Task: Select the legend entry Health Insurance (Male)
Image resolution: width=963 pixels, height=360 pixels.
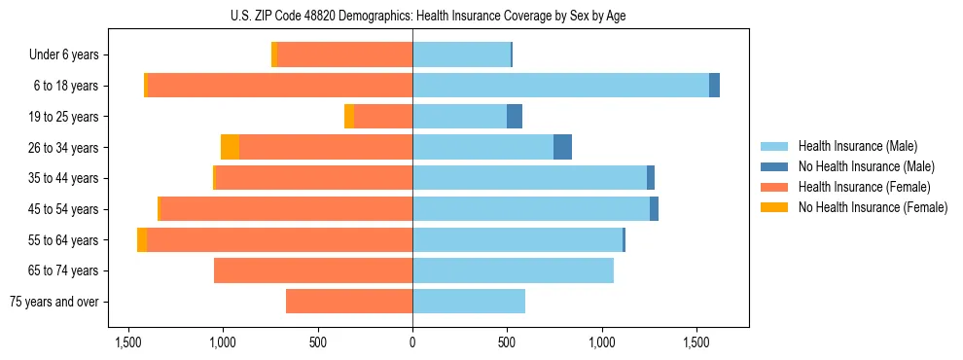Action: (x=857, y=146)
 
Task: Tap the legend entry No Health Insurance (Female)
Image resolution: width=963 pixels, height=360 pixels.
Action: (x=873, y=207)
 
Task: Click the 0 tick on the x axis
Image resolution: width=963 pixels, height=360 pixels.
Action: (x=412, y=343)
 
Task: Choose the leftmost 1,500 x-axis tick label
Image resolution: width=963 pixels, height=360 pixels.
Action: (x=128, y=343)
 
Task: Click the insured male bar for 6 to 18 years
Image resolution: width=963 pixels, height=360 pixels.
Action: (x=560, y=86)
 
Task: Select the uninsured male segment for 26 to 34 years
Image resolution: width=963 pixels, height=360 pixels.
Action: (x=562, y=147)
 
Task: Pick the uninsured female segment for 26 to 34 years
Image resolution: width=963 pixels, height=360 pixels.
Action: (x=230, y=147)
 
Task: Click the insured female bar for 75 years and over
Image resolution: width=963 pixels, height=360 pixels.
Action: (x=349, y=302)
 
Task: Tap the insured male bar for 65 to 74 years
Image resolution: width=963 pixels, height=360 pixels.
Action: (x=513, y=270)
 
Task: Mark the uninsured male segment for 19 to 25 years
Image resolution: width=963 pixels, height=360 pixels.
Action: (x=515, y=117)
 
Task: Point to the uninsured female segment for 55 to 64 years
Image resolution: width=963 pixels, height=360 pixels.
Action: (x=142, y=239)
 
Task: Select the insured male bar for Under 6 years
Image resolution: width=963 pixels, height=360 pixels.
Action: (x=461, y=55)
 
